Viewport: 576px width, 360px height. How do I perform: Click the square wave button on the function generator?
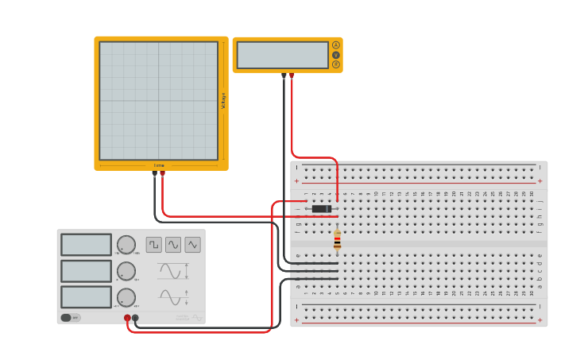coord(153,245)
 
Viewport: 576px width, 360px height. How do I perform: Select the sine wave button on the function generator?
coord(173,245)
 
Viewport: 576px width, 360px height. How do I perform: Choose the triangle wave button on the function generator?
coord(193,245)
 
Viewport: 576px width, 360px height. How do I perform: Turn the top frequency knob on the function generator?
coord(126,245)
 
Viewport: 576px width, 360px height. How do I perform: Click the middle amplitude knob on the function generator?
coord(126,271)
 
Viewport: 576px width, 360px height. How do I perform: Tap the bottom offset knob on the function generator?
coord(126,297)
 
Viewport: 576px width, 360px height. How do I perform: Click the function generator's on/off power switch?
coord(67,318)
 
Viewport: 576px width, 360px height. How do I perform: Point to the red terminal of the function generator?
coord(127,318)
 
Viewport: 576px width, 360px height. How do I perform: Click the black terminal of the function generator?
coord(135,318)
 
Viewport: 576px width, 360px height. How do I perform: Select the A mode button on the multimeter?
coord(336,45)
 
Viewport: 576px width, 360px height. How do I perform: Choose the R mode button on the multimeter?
coord(336,64)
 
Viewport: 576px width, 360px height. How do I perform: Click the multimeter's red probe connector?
coord(292,75)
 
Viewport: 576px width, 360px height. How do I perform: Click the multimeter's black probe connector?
coord(284,75)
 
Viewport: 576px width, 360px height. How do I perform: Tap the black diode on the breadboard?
coord(321,209)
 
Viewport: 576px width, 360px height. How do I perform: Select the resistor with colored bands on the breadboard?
coord(337,240)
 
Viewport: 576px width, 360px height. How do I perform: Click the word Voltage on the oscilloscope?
coord(223,101)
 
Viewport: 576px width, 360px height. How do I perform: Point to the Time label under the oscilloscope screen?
coord(159,165)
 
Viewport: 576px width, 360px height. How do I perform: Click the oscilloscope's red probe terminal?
coord(162,173)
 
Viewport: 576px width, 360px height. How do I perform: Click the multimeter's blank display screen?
coord(282,55)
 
